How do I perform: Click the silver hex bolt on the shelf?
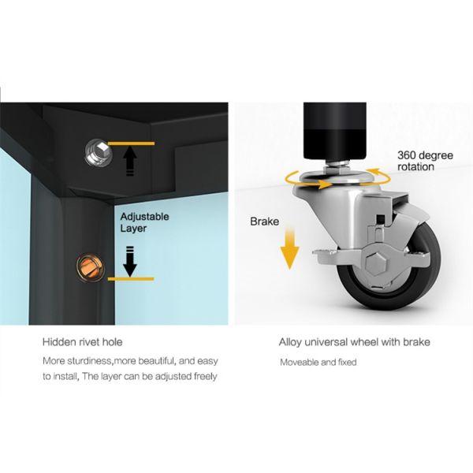coord(99,152)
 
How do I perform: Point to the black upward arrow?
coord(130,161)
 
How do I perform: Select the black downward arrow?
coord(130,261)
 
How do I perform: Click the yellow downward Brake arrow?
coord(289,248)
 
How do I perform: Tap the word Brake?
coord(265,222)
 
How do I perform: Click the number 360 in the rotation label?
coord(406,155)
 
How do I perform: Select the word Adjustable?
coord(144,217)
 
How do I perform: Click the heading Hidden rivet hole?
coord(82,342)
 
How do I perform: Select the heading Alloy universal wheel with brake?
coord(354,342)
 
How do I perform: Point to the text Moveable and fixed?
coord(318,362)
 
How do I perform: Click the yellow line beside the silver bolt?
coord(131,143)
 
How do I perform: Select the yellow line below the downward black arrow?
coord(131,279)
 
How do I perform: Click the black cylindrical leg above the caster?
coord(335,131)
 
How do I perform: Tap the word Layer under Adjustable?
coord(133,229)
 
